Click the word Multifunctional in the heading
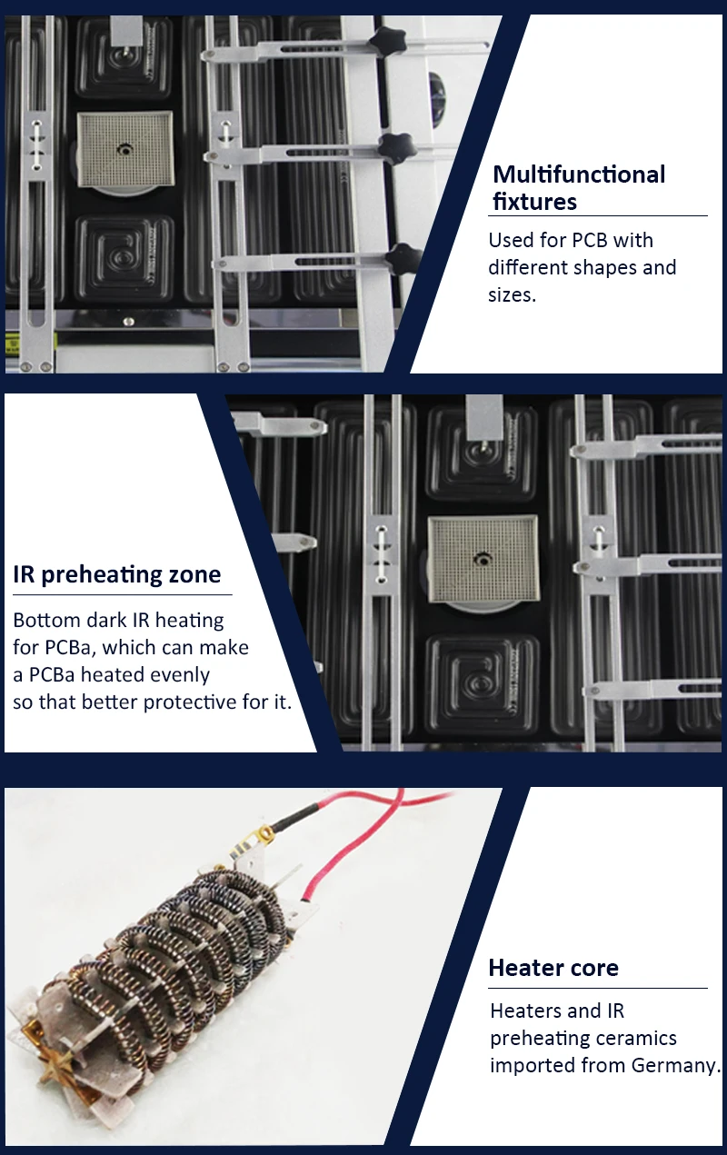pos(579,174)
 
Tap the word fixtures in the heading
pos(534,201)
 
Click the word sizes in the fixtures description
pos(512,295)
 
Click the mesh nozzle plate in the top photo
pos(125,150)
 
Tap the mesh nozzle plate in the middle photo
pos(483,560)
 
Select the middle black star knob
pos(397,148)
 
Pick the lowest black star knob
pos(403,259)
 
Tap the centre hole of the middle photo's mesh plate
pos(483,560)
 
